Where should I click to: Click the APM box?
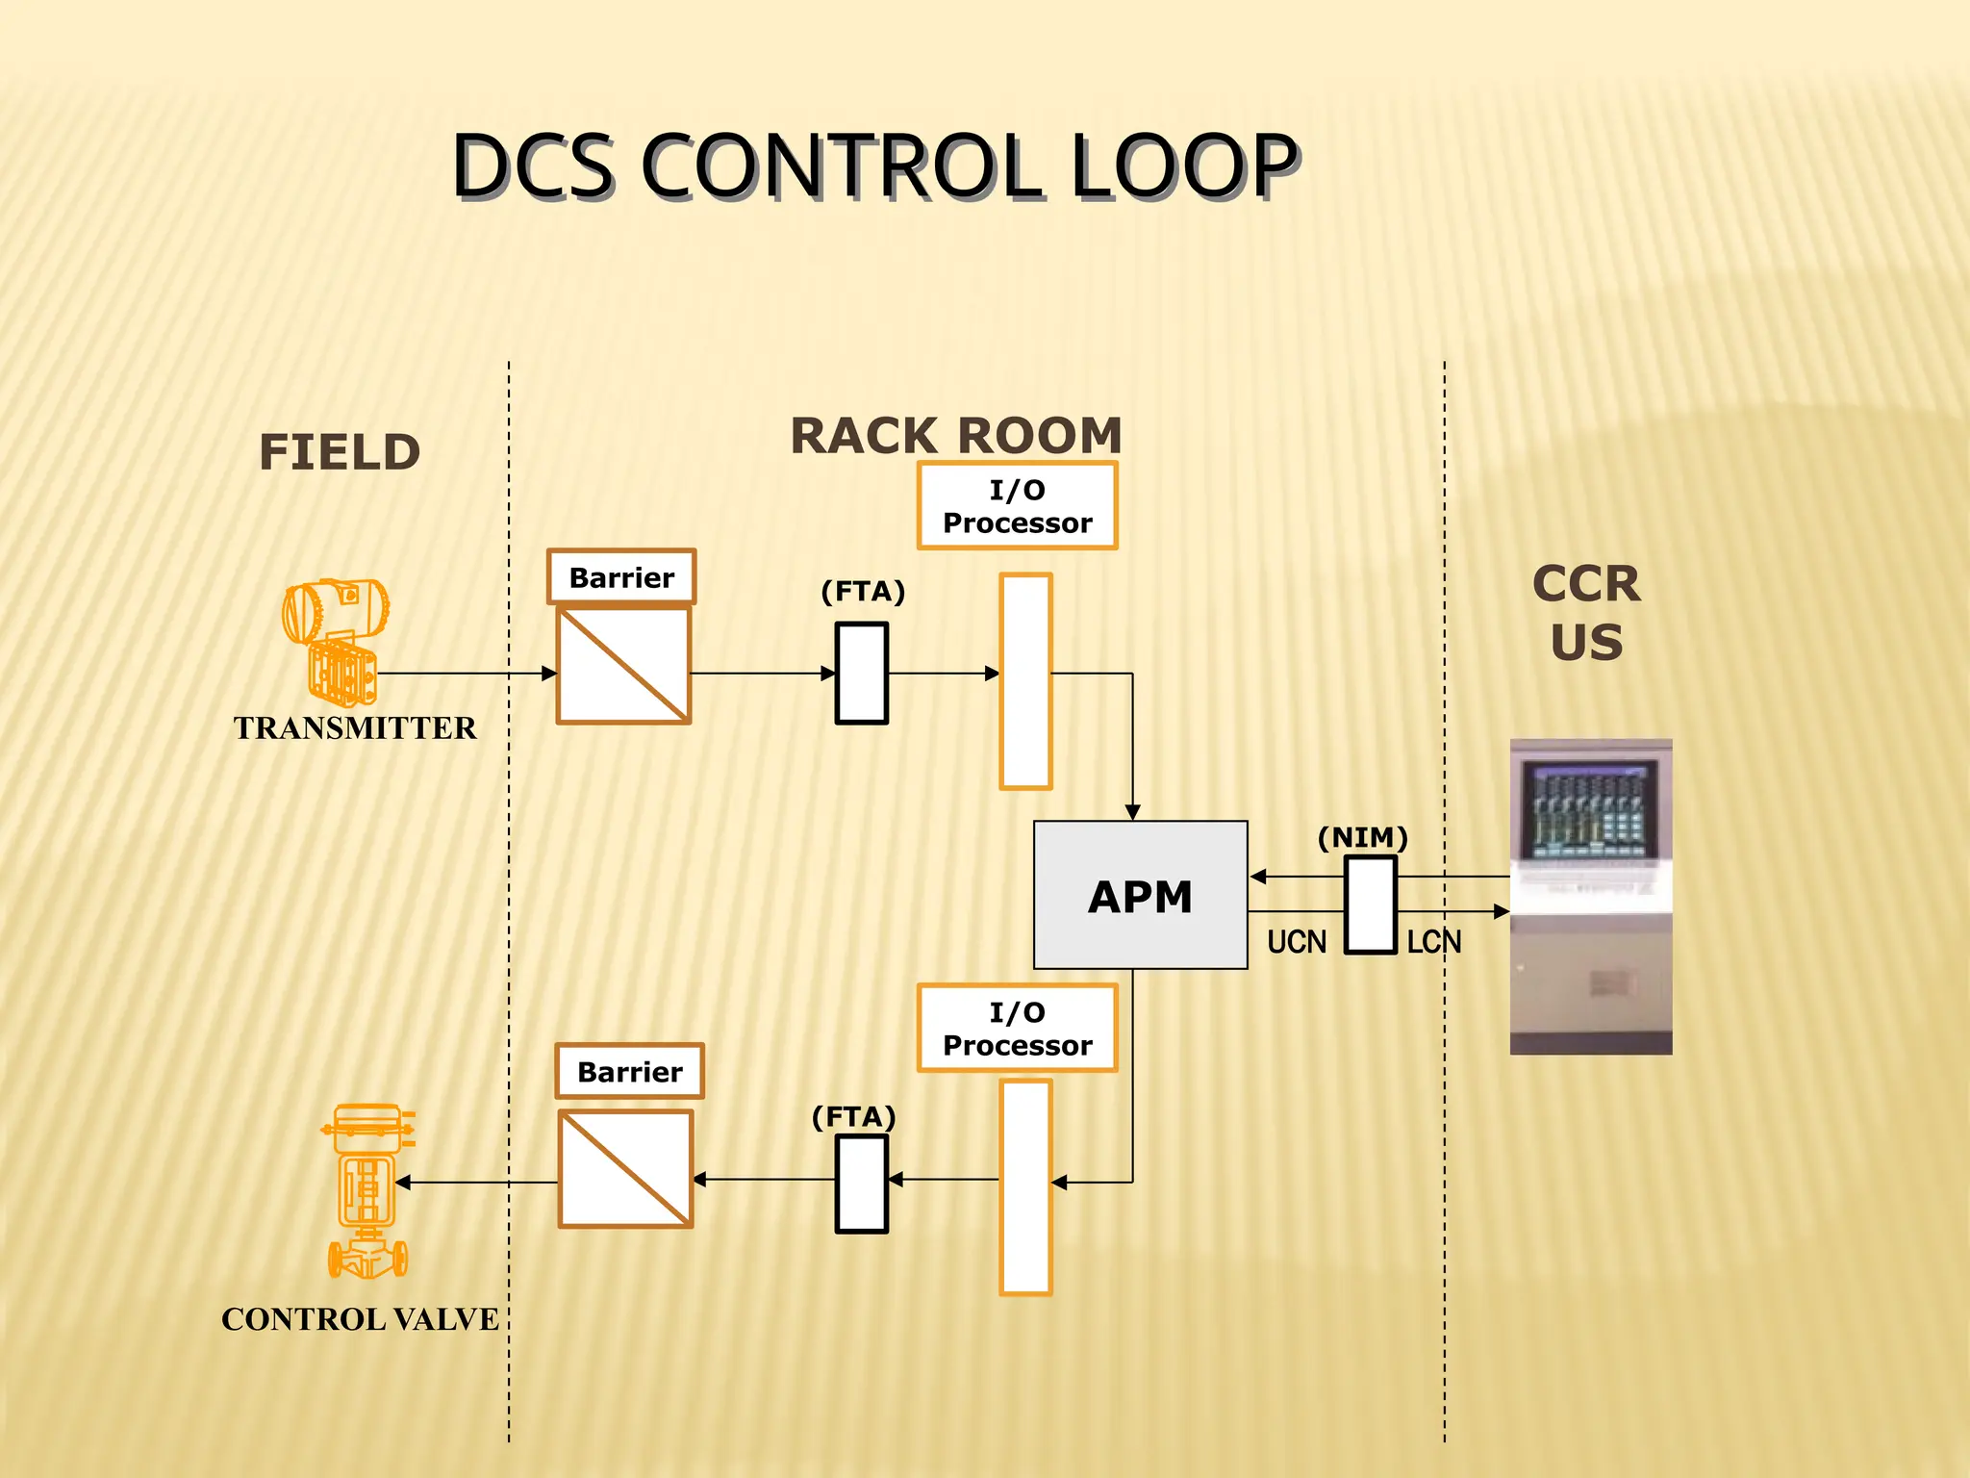(x=1140, y=895)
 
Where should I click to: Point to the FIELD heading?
(x=340, y=452)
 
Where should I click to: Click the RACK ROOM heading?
(x=955, y=436)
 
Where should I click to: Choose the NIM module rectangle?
(x=1370, y=905)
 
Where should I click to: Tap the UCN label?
(x=1296, y=942)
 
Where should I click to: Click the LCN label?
(x=1433, y=942)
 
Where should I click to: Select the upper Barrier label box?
(x=621, y=577)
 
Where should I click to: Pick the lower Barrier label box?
(x=629, y=1071)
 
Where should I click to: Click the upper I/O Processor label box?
(x=1017, y=506)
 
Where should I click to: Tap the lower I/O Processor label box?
(x=1017, y=1029)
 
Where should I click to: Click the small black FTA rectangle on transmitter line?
(x=861, y=673)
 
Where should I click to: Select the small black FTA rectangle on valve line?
(x=861, y=1184)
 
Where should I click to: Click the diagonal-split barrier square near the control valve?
(x=625, y=1168)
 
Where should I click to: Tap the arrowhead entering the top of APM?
(x=1132, y=812)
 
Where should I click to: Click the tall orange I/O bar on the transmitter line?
(x=1025, y=681)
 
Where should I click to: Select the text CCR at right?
(x=1586, y=584)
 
